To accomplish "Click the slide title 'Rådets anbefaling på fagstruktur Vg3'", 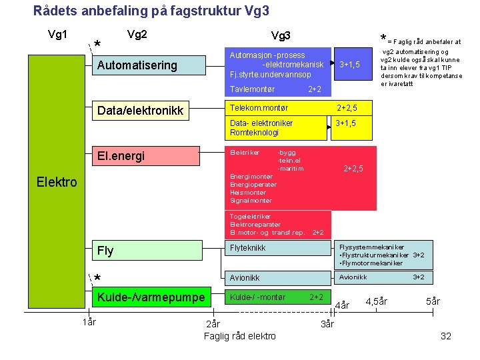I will (x=151, y=11).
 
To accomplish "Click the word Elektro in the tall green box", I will (x=57, y=181).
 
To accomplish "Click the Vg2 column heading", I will (x=137, y=34).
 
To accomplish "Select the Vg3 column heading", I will (x=281, y=35).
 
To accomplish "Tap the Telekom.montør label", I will (x=259, y=107).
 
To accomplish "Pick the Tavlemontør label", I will (x=252, y=89).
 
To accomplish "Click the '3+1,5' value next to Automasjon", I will (x=349, y=65).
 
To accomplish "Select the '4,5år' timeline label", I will (x=377, y=301).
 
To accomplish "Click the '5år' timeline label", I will (x=433, y=301).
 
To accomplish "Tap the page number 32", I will (x=446, y=336).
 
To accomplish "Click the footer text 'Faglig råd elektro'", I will (x=239, y=336).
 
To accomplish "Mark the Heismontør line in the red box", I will (x=247, y=192).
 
